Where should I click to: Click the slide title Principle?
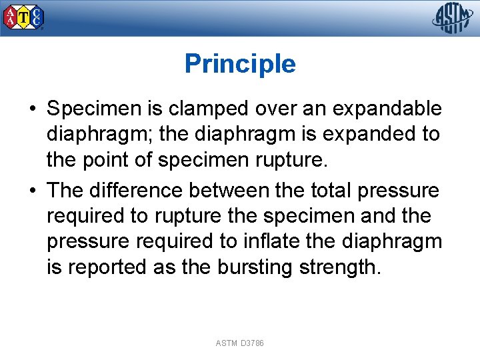[x=240, y=64]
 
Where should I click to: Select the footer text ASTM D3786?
[x=240, y=343]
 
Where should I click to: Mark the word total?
[x=332, y=191]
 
